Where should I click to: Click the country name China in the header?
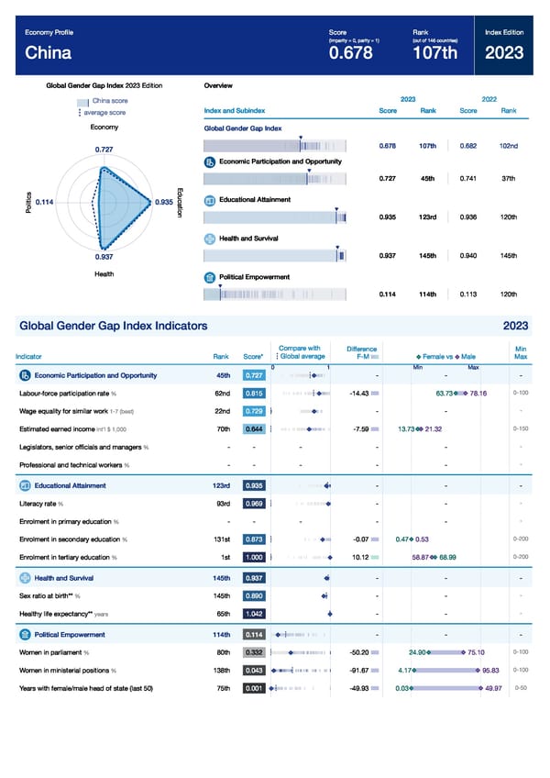click(48, 53)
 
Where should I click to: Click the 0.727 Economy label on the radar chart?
click(104, 150)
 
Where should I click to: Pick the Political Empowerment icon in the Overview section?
click(210, 276)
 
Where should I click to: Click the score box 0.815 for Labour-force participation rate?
click(255, 394)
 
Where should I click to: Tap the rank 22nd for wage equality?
click(222, 411)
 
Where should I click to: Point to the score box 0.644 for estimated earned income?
click(255, 429)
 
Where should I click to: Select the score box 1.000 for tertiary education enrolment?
click(255, 557)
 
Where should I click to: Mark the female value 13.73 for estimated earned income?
click(408, 429)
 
